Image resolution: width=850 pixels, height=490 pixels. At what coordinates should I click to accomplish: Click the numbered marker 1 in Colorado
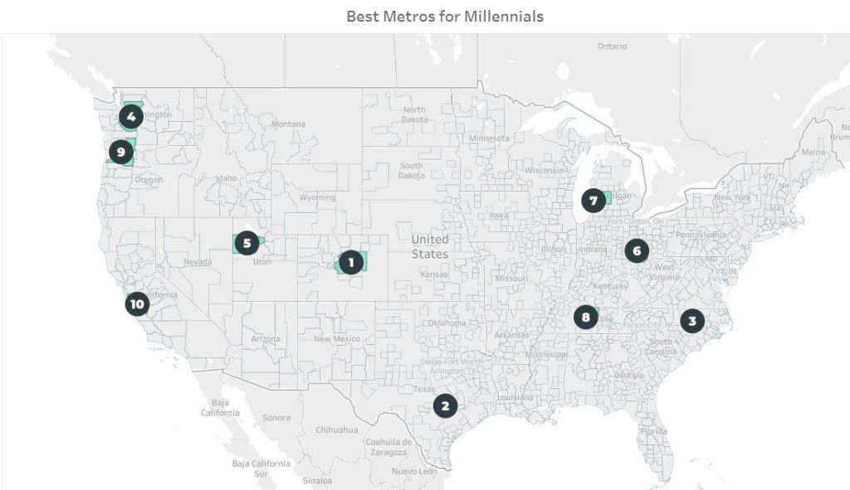(x=351, y=263)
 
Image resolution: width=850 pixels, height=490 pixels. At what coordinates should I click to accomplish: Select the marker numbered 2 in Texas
(x=445, y=405)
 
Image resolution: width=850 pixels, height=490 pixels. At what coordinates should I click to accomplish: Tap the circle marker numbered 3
(x=691, y=321)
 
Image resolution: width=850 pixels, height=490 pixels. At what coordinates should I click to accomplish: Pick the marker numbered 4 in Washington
(x=131, y=117)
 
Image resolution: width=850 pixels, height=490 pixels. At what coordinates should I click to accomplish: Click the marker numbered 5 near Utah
(x=247, y=243)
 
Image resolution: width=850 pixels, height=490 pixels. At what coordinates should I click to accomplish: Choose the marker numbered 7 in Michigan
(x=593, y=201)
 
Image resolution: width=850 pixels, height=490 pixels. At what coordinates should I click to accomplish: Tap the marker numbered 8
(x=586, y=317)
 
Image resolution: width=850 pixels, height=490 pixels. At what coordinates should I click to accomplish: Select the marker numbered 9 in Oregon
(x=121, y=152)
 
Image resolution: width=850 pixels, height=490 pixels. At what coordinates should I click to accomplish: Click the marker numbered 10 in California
(x=137, y=304)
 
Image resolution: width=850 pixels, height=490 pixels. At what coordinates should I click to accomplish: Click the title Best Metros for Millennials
(x=445, y=16)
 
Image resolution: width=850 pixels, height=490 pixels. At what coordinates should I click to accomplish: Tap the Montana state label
(x=288, y=124)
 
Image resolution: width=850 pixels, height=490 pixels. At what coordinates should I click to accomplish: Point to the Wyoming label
(x=317, y=197)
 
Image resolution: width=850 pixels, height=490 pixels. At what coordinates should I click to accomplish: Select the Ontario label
(x=612, y=46)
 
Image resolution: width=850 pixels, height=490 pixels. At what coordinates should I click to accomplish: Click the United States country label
(x=429, y=247)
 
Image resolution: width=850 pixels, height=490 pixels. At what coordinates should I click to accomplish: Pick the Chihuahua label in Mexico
(x=336, y=430)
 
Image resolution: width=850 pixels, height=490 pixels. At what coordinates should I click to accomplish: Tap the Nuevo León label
(x=416, y=471)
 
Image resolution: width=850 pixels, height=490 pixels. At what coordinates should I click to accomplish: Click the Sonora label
(x=276, y=418)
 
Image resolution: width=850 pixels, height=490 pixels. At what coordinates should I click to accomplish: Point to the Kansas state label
(x=434, y=274)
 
